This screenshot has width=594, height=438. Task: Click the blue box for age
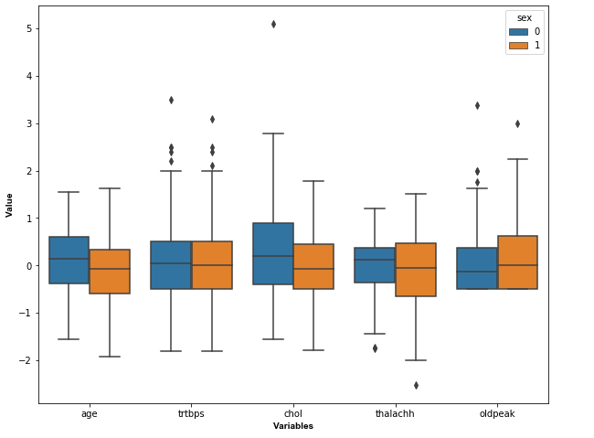(69, 260)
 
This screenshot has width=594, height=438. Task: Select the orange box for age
(110, 272)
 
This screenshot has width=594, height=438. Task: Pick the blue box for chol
(273, 253)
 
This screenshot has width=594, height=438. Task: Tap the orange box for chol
(313, 266)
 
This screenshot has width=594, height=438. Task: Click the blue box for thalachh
(375, 265)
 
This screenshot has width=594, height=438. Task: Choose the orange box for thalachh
(416, 270)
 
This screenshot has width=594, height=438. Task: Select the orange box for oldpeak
(517, 262)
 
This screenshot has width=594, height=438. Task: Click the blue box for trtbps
(171, 265)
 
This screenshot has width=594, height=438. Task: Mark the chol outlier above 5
(273, 24)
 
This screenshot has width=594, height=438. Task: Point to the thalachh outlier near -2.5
(416, 385)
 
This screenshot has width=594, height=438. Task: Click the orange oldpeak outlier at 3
(517, 123)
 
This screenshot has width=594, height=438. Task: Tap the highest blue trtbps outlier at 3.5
(171, 100)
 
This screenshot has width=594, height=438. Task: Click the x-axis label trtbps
(191, 414)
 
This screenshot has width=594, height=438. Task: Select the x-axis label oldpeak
(497, 414)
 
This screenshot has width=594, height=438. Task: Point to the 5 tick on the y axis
(29, 28)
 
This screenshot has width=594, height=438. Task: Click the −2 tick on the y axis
(27, 360)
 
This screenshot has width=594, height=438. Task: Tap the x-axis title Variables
(293, 426)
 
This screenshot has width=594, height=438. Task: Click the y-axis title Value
(10, 205)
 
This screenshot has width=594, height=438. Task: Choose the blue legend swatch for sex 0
(518, 31)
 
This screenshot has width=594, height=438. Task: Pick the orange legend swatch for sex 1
(518, 45)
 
